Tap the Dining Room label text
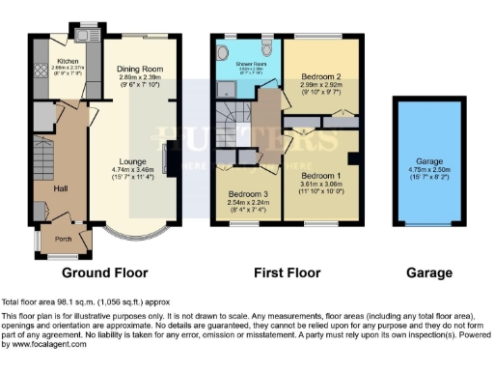(141, 70)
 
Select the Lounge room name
(132, 161)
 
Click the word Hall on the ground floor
(61, 189)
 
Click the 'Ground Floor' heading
(110, 273)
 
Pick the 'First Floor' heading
(287, 273)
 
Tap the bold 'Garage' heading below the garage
(428, 273)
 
